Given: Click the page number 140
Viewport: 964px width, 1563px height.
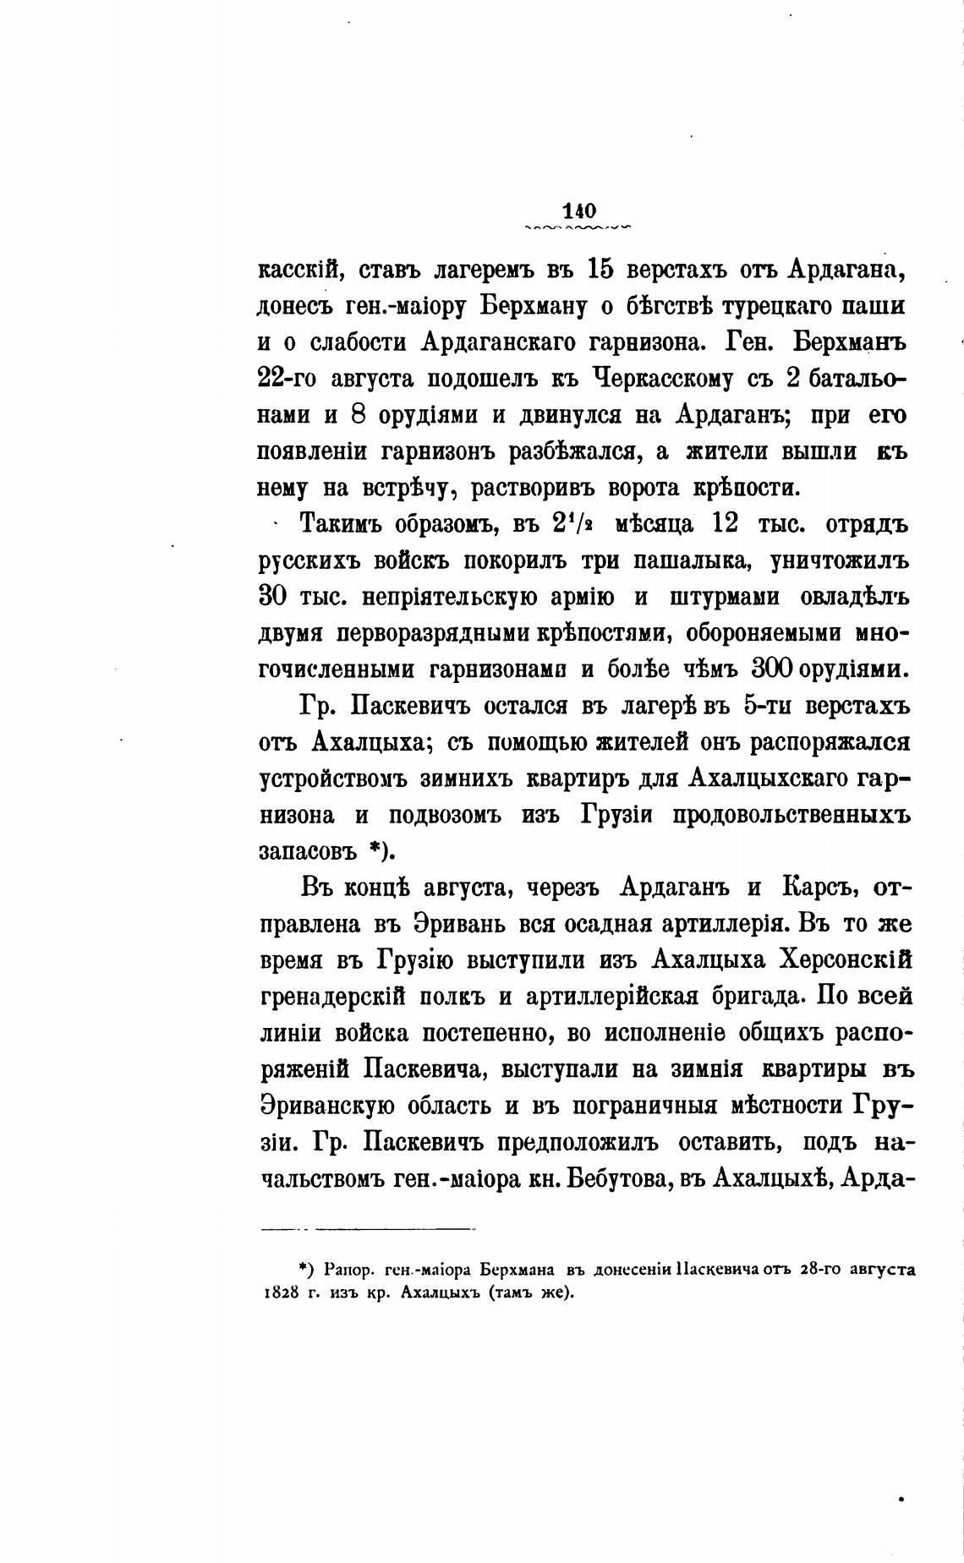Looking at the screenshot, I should tap(578, 210).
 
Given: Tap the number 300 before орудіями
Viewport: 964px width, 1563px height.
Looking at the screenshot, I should tap(768, 669).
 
